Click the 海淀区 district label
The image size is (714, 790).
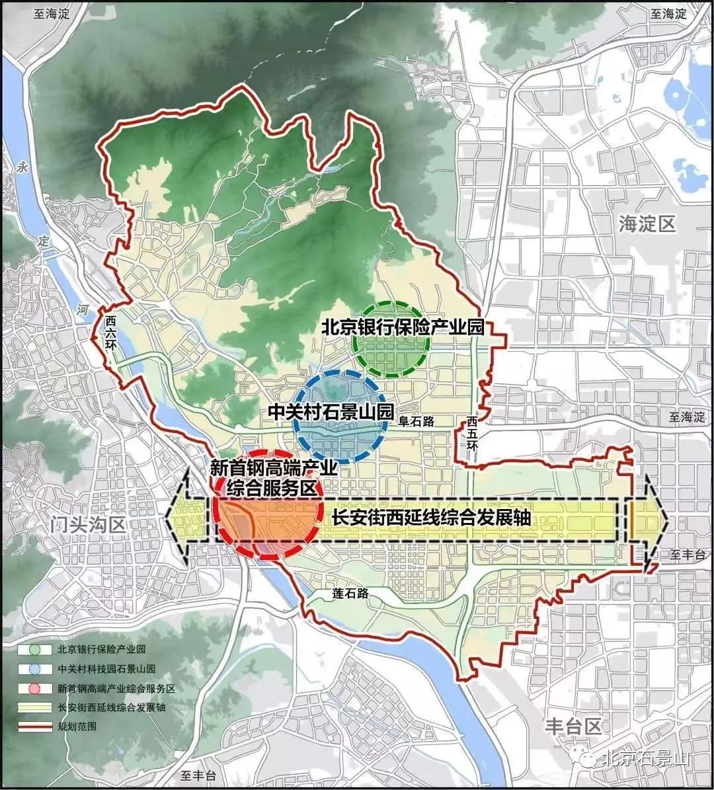pyautogui.click(x=647, y=223)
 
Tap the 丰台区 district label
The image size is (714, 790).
pyautogui.click(x=574, y=727)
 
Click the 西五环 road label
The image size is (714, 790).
pyautogui.click(x=471, y=434)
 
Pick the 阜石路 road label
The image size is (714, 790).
pyautogui.click(x=416, y=421)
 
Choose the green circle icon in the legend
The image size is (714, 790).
pyautogui.click(x=35, y=649)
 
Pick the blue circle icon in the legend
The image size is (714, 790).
pyautogui.click(x=35, y=668)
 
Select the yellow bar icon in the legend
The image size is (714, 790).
pyautogui.click(x=35, y=707)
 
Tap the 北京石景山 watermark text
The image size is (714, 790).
pyautogui.click(x=647, y=758)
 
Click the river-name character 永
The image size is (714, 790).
pyautogui.click(x=24, y=167)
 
